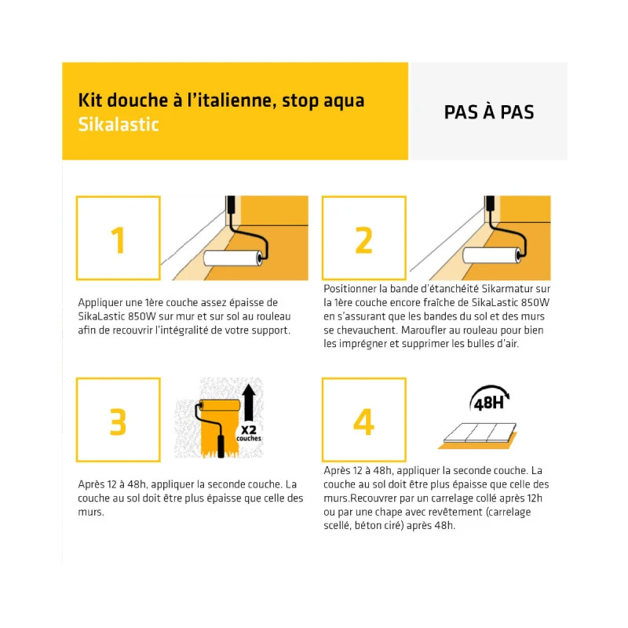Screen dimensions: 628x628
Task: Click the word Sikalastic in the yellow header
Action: point(119,124)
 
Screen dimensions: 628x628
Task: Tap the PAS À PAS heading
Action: point(488,112)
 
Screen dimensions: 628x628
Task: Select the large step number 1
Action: point(118,240)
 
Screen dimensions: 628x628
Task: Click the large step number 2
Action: point(363,240)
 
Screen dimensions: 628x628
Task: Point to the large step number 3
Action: point(118,421)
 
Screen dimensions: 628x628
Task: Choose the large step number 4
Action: point(363,421)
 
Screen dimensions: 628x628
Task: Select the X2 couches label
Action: point(250,433)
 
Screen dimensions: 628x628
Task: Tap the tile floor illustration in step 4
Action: point(476,434)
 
